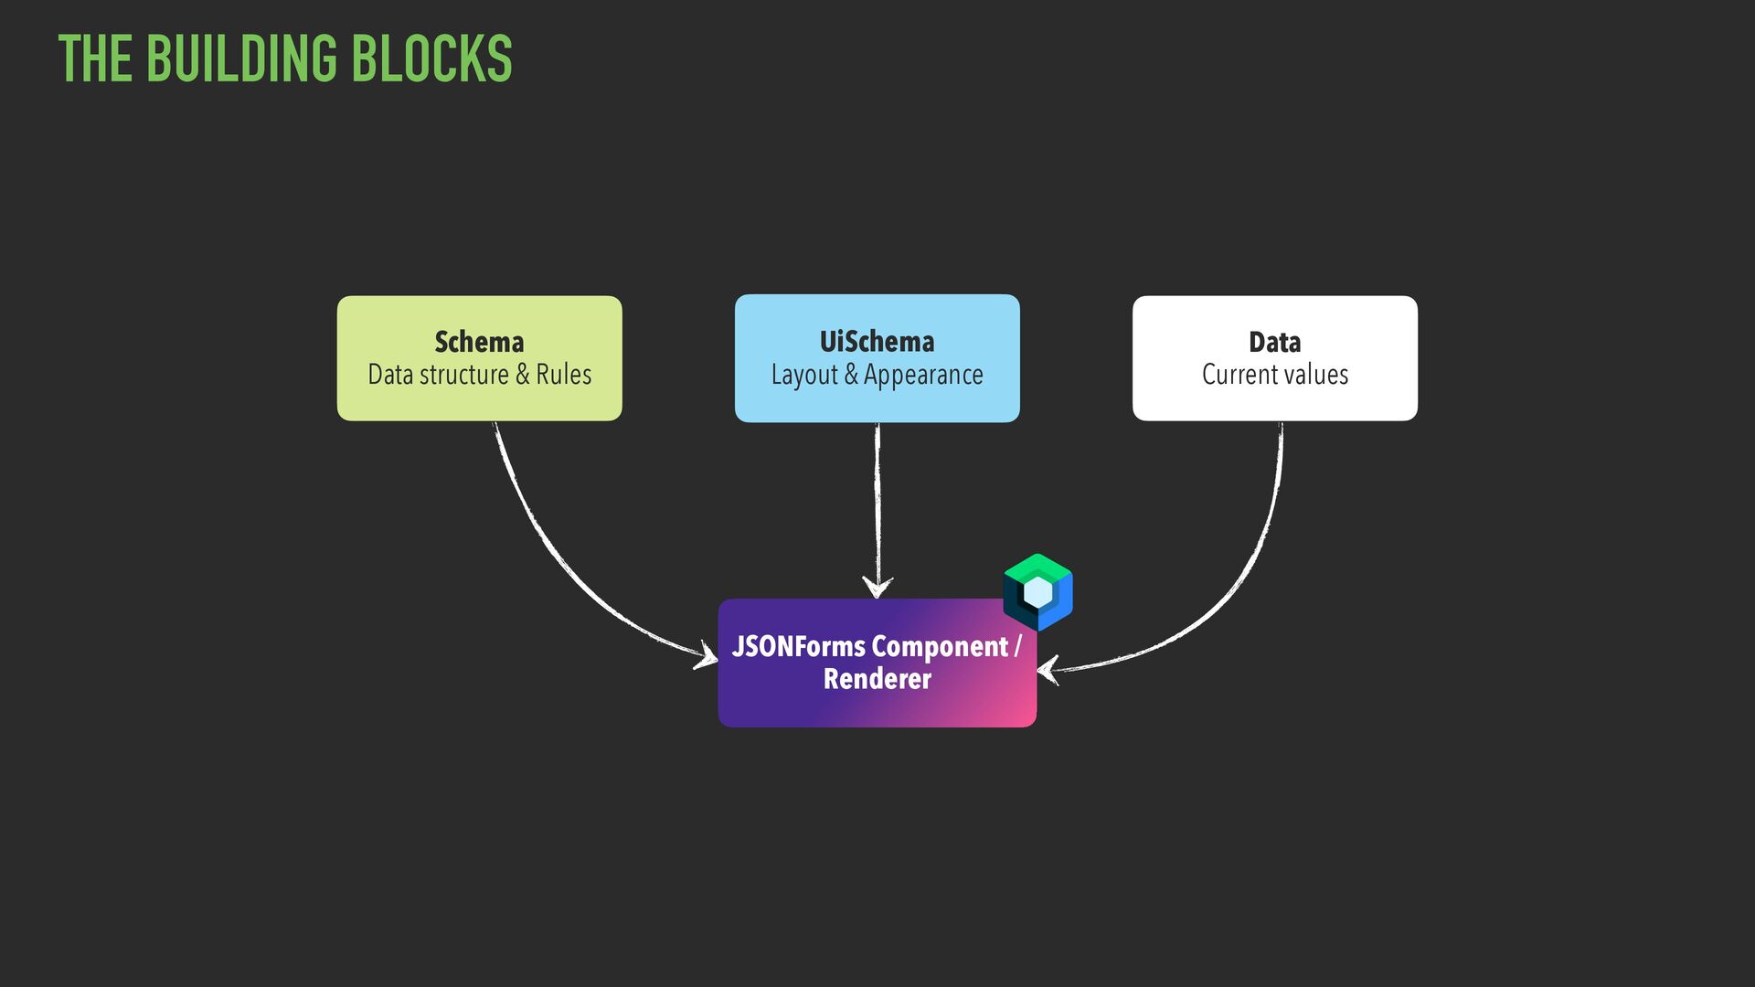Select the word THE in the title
point(95,58)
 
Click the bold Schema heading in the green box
point(479,342)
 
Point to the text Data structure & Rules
point(479,375)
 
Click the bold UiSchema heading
point(877,342)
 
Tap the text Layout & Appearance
point(877,375)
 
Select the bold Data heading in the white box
point(1274,342)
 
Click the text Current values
point(1274,375)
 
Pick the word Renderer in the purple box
point(877,679)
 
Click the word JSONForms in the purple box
point(798,646)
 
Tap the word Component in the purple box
point(940,647)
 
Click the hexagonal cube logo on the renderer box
point(1037,592)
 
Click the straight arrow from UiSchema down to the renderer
point(877,503)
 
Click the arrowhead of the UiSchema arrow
point(877,587)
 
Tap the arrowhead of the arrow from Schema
point(707,654)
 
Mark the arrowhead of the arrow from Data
point(1048,670)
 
